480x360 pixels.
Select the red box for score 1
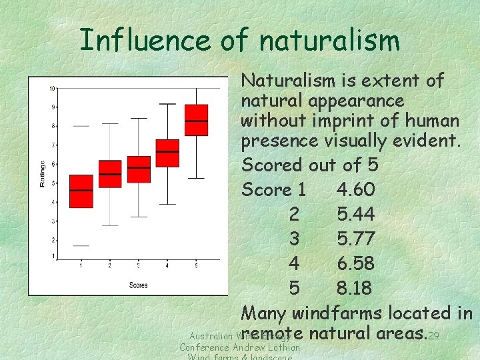[x=81, y=191]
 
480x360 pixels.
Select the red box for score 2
[x=110, y=174]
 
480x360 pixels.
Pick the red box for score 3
[x=139, y=169]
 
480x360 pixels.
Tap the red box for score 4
[x=167, y=153]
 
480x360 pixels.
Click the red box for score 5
[x=196, y=120]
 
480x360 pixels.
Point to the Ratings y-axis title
[x=43, y=173]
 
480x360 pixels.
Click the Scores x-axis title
[x=139, y=285]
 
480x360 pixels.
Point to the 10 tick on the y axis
[x=51, y=89]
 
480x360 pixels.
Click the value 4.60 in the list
[x=356, y=190]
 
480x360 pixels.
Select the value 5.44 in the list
[x=356, y=215]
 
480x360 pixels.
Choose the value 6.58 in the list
[x=356, y=264]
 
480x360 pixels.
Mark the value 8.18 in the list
[x=356, y=289]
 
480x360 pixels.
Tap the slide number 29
[x=434, y=335]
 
